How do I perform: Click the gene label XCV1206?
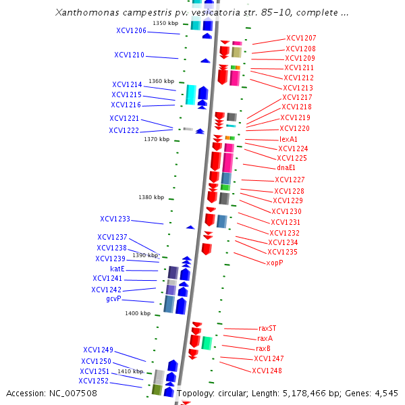(x=131, y=31)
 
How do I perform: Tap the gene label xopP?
(x=275, y=263)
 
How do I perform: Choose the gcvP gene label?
(x=113, y=298)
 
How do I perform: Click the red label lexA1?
(x=288, y=139)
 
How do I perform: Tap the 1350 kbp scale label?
(x=165, y=23)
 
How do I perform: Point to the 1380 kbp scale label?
(x=151, y=197)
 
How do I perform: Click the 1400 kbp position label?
(x=138, y=313)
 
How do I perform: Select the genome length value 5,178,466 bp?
(x=318, y=393)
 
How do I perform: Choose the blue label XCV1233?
(x=115, y=219)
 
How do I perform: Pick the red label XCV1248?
(x=267, y=371)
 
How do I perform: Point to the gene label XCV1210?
(x=129, y=55)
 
